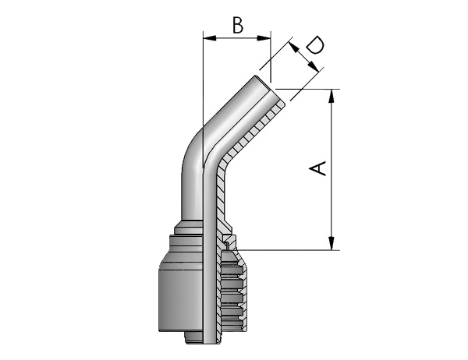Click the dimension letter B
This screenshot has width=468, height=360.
[238, 25]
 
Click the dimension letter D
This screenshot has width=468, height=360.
[315, 45]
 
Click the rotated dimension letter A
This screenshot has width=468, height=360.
[317, 168]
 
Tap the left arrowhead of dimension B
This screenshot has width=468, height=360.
[209, 38]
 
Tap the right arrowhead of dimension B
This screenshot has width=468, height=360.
[264, 38]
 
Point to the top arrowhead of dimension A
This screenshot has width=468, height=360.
[331, 96]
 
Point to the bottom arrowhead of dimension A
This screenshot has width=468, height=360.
[331, 243]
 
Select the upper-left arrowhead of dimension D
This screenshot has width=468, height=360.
[294, 47]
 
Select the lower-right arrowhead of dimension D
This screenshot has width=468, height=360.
[313, 66]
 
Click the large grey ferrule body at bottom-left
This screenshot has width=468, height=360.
[180, 294]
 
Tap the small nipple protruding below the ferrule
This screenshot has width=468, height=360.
[194, 338]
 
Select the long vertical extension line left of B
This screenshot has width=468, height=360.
[203, 98]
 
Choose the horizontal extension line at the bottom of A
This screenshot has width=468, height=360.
[288, 250]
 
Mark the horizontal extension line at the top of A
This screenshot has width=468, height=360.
[307, 89]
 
